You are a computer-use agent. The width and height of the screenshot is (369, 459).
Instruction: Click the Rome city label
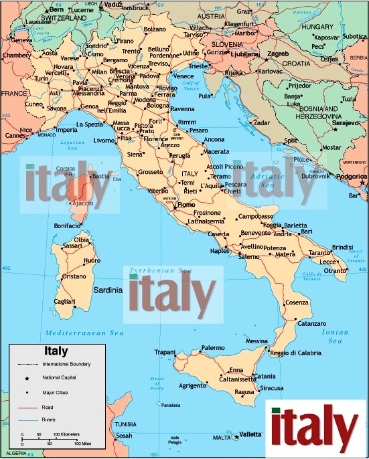pos(186,204)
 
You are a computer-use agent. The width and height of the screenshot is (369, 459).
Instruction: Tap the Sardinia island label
pos(108,290)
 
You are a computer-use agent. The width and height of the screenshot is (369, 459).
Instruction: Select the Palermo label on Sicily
pos(213,348)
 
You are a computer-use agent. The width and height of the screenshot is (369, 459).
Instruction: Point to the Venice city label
pos(183,76)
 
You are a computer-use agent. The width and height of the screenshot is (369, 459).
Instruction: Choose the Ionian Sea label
pos(334,337)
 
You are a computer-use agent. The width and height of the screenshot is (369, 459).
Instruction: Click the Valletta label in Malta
pos(250,434)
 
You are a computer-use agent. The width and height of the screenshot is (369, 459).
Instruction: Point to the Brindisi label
pos(342,246)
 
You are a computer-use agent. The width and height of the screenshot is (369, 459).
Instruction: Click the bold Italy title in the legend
pos(55,351)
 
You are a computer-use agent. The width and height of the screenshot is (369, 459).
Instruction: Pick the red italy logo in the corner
pos(315,428)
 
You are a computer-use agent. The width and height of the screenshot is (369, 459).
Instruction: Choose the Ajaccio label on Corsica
pos(82,203)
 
